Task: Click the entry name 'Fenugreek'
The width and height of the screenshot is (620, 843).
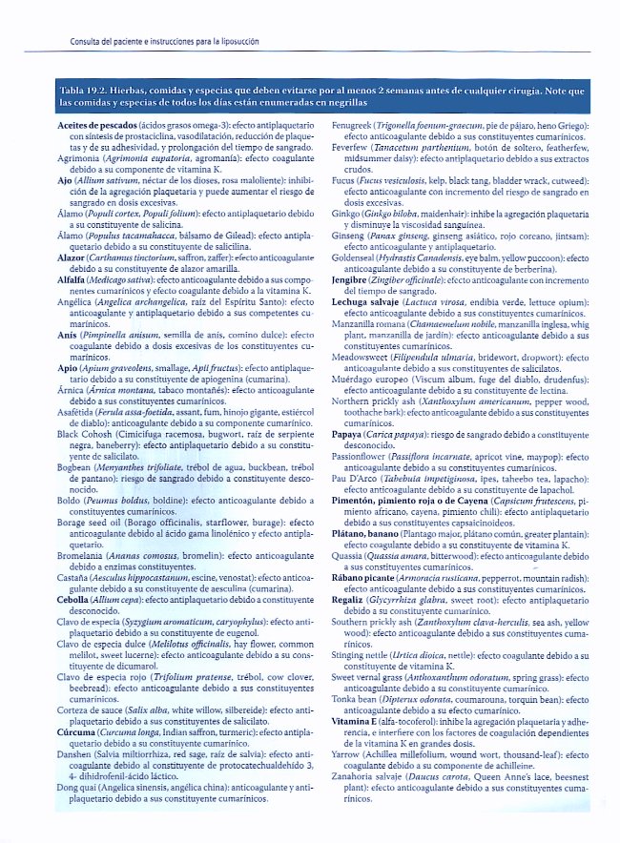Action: [x=354, y=126]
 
